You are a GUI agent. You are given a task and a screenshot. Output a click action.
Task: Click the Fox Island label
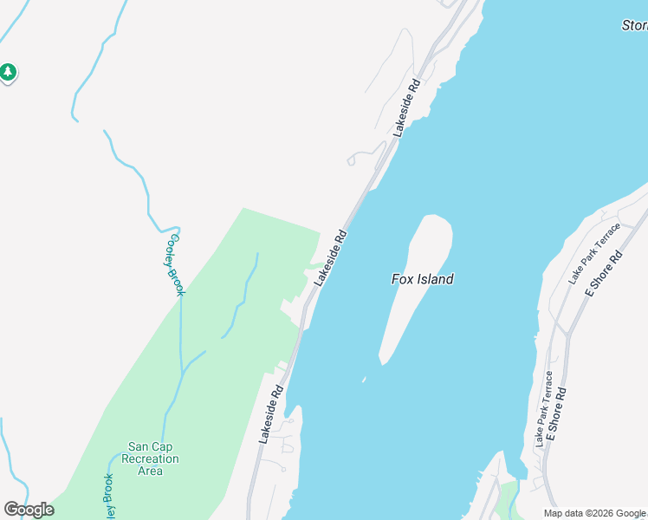[x=422, y=279]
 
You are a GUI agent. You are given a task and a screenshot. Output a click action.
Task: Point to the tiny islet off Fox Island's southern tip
[x=365, y=380]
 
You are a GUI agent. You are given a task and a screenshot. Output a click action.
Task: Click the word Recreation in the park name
[x=151, y=458]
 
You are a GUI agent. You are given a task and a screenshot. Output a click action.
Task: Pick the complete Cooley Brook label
[x=176, y=264]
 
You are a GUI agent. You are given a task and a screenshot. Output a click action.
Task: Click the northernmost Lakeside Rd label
[x=406, y=108]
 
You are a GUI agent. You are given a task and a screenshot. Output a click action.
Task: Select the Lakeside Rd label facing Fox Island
[x=331, y=257]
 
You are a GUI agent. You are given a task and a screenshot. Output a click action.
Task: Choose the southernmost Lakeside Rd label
[x=271, y=415]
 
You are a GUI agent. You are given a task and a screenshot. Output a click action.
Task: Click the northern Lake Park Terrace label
[x=594, y=254]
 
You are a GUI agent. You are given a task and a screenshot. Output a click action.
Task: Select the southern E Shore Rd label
[x=556, y=419]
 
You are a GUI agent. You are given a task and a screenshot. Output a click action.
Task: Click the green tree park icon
[x=8, y=72]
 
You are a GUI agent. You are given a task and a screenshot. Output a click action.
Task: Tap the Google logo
[x=29, y=510]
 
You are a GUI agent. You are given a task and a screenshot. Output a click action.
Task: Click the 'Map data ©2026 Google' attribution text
[x=595, y=513]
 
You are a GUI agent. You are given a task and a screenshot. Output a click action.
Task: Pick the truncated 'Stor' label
[x=634, y=25]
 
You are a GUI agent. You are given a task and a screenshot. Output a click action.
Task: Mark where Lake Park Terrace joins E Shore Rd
[x=566, y=333]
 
